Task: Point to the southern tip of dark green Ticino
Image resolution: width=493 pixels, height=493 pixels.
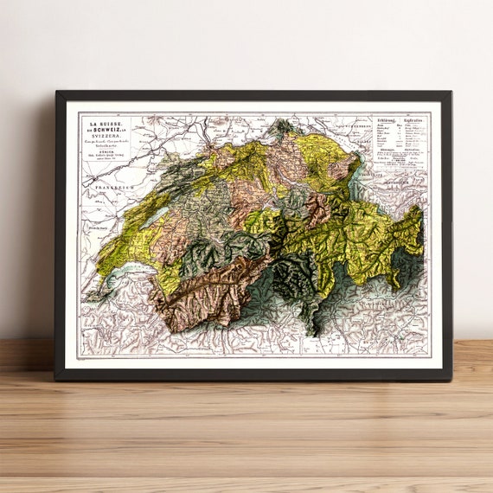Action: pyautogui.click(x=314, y=331)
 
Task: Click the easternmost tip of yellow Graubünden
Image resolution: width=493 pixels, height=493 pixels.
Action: pyautogui.click(x=421, y=227)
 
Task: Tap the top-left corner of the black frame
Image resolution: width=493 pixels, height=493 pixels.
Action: pyautogui.click(x=57, y=92)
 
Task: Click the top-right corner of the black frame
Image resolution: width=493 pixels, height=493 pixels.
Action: pyautogui.click(x=450, y=92)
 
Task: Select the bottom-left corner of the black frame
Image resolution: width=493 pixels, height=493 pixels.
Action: pyautogui.click(x=57, y=379)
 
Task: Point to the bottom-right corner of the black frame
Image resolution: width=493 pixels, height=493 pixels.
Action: pyautogui.click(x=450, y=379)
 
